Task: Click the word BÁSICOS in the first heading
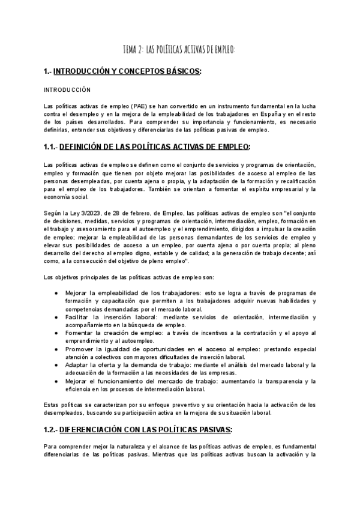181,72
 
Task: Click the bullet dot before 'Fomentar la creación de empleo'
56,333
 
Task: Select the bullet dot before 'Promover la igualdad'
56,349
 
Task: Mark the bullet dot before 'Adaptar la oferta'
56,365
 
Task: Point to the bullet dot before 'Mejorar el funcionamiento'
56,381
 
